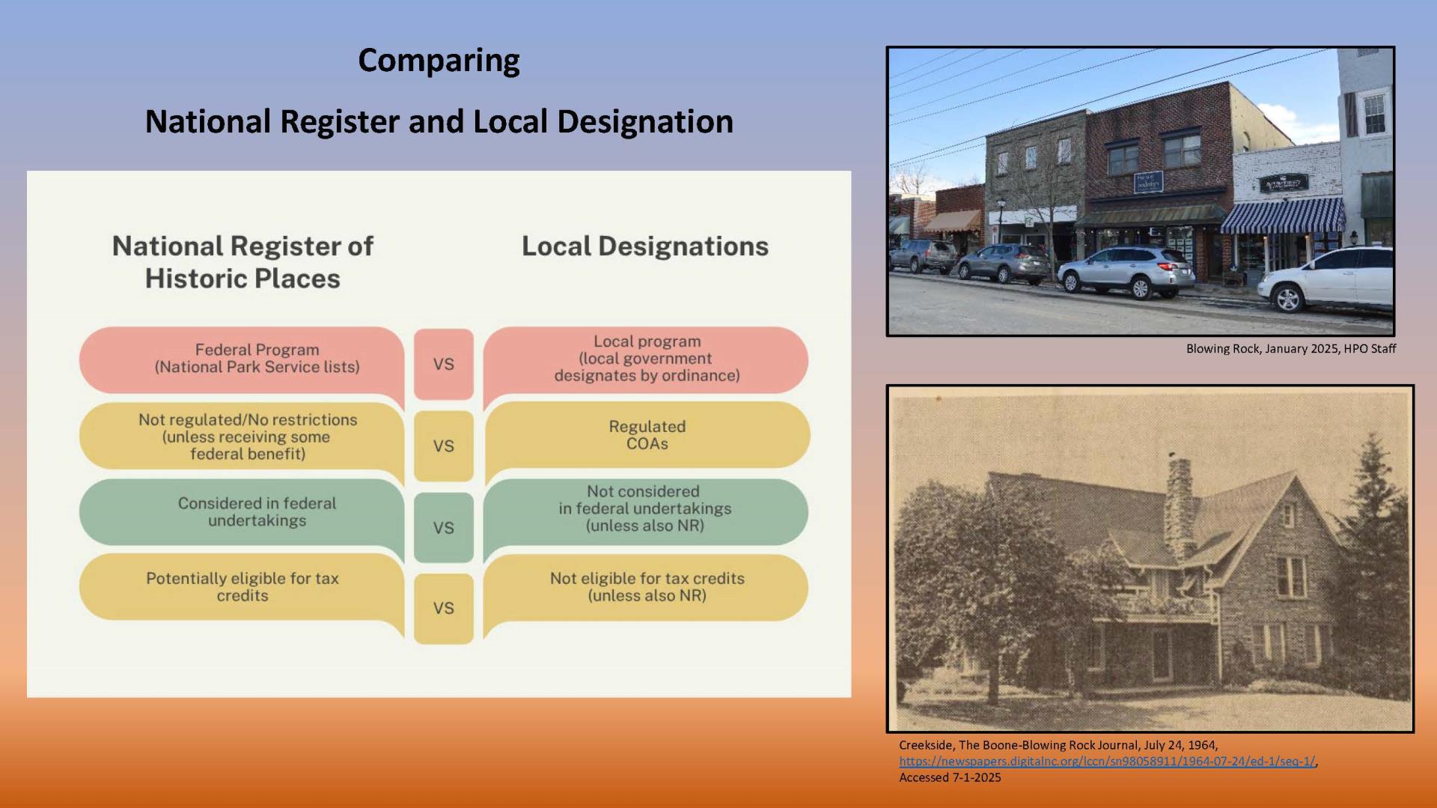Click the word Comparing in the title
pyautogui.click(x=439, y=61)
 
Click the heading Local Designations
pyautogui.click(x=645, y=246)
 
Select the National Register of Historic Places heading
pyautogui.click(x=242, y=262)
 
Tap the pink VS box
pyautogui.click(x=444, y=364)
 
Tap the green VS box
pyautogui.click(x=444, y=527)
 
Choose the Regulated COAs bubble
pyautogui.click(x=647, y=435)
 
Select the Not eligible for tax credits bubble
pyautogui.click(x=647, y=588)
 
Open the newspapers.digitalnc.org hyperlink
pyautogui.click(x=1107, y=762)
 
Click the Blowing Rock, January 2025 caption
pyautogui.click(x=1291, y=349)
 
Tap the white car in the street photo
pyautogui.click(x=1325, y=279)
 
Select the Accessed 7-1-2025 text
pyautogui.click(x=950, y=778)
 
